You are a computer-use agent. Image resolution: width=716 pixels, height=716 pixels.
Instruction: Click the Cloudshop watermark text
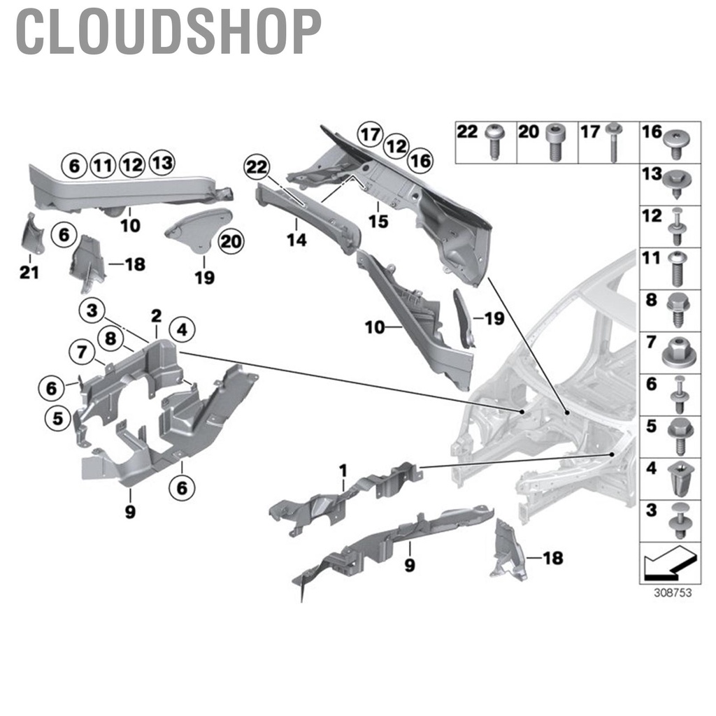pyautogui.click(x=168, y=31)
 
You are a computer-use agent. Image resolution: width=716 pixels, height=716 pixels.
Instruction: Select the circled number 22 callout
pyautogui.click(x=256, y=168)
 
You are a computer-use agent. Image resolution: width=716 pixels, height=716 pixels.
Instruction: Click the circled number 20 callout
pyautogui.click(x=228, y=243)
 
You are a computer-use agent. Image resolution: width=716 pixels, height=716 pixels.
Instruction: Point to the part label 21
pyautogui.click(x=29, y=273)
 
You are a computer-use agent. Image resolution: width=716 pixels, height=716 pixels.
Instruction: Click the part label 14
pyautogui.click(x=296, y=240)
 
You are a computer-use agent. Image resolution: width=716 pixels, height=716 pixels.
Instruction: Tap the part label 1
pyautogui.click(x=343, y=473)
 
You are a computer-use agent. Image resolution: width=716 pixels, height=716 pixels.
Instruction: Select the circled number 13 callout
pyautogui.click(x=162, y=164)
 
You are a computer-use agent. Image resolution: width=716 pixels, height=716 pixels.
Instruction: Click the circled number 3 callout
pyautogui.click(x=92, y=310)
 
